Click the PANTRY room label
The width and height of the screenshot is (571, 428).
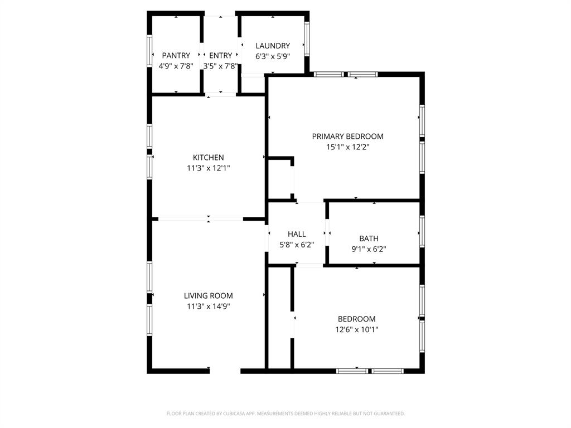(176, 55)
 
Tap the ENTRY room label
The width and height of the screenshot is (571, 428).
(220, 55)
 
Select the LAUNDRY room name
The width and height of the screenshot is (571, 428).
(273, 46)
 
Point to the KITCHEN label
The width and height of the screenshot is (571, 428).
(209, 158)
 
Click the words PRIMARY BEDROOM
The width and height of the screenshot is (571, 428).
(347, 137)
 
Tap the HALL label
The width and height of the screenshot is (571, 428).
(297, 234)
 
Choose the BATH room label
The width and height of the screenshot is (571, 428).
(369, 239)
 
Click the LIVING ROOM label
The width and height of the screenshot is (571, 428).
(209, 296)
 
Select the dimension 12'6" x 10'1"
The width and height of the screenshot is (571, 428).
(356, 329)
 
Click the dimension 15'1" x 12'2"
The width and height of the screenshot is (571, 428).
(347, 147)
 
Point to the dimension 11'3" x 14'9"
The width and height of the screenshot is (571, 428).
(209, 306)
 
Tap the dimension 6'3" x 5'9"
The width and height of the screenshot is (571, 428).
(273, 56)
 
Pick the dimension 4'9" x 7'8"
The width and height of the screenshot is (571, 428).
(176, 66)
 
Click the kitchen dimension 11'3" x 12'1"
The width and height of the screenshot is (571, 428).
(209, 168)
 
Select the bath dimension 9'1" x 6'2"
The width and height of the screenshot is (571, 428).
(369, 249)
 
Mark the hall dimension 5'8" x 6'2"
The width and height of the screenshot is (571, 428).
(297, 244)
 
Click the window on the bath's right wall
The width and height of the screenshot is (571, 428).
(422, 231)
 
